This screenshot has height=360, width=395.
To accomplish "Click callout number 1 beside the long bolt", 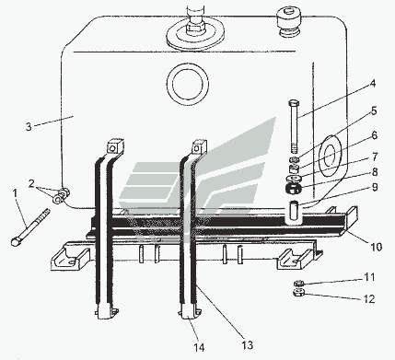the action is point(16,194).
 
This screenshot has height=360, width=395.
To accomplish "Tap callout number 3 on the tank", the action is point(29,126).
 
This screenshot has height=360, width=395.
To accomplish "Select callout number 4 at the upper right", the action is point(372,83).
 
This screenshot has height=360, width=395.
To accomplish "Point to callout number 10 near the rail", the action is point(377,247).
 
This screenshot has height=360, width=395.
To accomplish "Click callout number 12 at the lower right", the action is point(369,298).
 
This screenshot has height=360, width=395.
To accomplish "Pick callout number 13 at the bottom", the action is point(248,345).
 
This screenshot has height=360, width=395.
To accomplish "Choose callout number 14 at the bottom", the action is point(199,347).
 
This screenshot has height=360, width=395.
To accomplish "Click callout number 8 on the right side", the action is point(375,172).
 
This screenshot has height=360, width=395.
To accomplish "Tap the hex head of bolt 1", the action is point(15,241).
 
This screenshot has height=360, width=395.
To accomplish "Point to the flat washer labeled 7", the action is point(295,179).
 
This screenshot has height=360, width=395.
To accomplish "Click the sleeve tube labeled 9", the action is point(295,212).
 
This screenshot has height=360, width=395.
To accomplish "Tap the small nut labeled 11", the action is point(298,283).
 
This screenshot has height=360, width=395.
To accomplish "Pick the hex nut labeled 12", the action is point(298,293).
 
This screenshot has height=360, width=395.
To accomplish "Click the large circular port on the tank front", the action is point(188,84).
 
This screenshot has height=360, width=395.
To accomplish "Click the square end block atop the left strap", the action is point(115,145).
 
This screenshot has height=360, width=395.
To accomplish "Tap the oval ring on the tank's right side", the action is point(331,156).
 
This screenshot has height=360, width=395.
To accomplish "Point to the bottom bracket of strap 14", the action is point(191,311).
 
